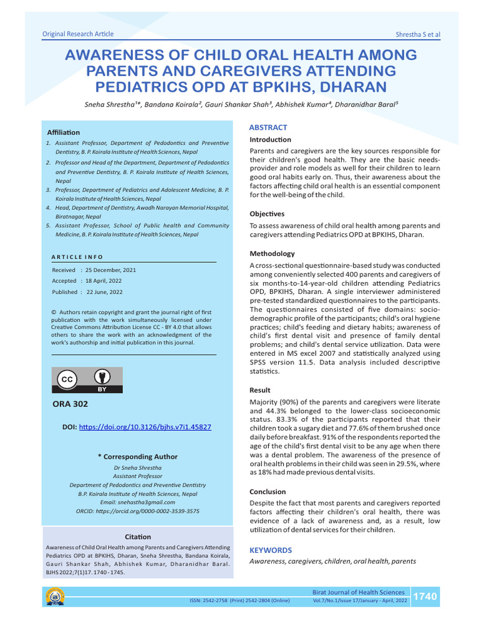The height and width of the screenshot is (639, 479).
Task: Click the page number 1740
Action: (x=425, y=597)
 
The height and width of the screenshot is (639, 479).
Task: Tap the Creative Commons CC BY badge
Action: (x=87, y=380)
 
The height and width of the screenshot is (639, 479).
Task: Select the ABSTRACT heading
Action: (x=268, y=127)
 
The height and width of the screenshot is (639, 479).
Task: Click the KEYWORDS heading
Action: (x=270, y=550)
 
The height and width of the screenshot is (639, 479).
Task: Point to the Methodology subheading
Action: (x=272, y=253)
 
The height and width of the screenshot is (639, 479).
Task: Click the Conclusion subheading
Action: (x=268, y=492)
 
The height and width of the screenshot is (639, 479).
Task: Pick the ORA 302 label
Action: (x=70, y=404)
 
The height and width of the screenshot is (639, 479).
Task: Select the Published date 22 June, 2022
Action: (x=104, y=292)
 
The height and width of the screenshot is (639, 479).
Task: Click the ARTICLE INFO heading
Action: (x=77, y=256)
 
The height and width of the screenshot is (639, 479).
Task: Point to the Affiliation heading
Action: (x=64, y=132)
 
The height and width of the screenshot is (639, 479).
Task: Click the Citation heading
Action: (x=137, y=536)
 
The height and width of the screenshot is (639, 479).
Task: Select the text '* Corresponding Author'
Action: (x=137, y=457)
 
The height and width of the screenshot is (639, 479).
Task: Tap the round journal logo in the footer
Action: (x=54, y=597)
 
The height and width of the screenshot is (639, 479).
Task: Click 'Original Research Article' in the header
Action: (x=77, y=34)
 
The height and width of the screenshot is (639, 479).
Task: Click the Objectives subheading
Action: (x=267, y=213)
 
